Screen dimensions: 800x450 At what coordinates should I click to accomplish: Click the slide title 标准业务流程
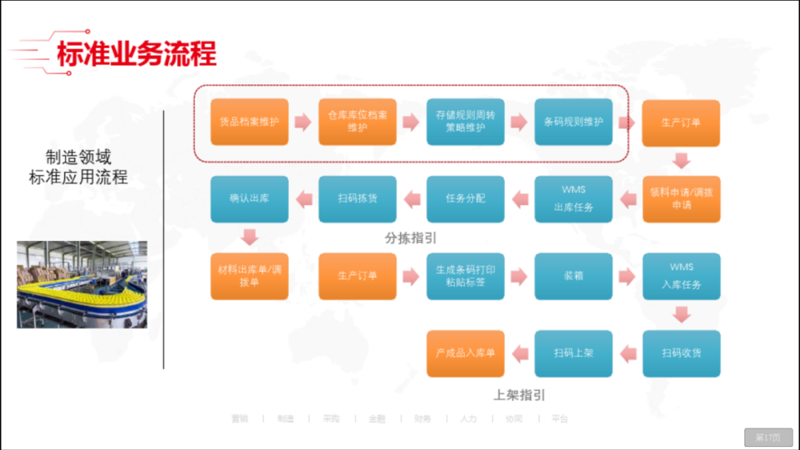coord(136,54)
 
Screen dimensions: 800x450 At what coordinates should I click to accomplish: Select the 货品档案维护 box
coord(250,122)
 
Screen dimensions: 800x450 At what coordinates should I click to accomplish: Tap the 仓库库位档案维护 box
coord(358,122)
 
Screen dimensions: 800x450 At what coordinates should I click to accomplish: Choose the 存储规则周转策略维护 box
coord(465,122)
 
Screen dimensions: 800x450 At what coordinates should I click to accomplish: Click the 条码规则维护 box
coord(573,122)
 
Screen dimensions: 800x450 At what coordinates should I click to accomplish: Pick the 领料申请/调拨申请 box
coord(681,199)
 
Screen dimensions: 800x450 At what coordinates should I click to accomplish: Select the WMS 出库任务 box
coord(573,199)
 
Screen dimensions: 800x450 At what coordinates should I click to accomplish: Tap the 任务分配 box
coord(465,199)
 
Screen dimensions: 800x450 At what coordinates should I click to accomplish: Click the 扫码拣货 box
coord(358,199)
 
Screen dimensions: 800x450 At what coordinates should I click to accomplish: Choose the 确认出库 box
coord(250,199)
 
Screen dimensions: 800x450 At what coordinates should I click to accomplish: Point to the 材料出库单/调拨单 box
coord(250,276)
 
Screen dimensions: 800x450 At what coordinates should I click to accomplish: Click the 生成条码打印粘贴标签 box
coord(465,276)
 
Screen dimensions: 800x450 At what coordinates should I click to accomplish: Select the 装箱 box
coord(573,276)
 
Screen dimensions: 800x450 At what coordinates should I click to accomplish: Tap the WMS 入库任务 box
coord(681,276)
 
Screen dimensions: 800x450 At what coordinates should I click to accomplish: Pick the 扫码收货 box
coord(681,353)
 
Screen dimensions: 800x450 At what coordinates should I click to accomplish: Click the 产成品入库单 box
coord(465,353)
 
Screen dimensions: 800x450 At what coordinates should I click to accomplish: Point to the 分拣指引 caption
coord(411,239)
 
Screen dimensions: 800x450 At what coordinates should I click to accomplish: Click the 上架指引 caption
coord(519,395)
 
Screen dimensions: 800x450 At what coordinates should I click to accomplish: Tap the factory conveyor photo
coord(81,284)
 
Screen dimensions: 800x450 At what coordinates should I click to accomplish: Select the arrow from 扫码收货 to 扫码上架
coord(627,353)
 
